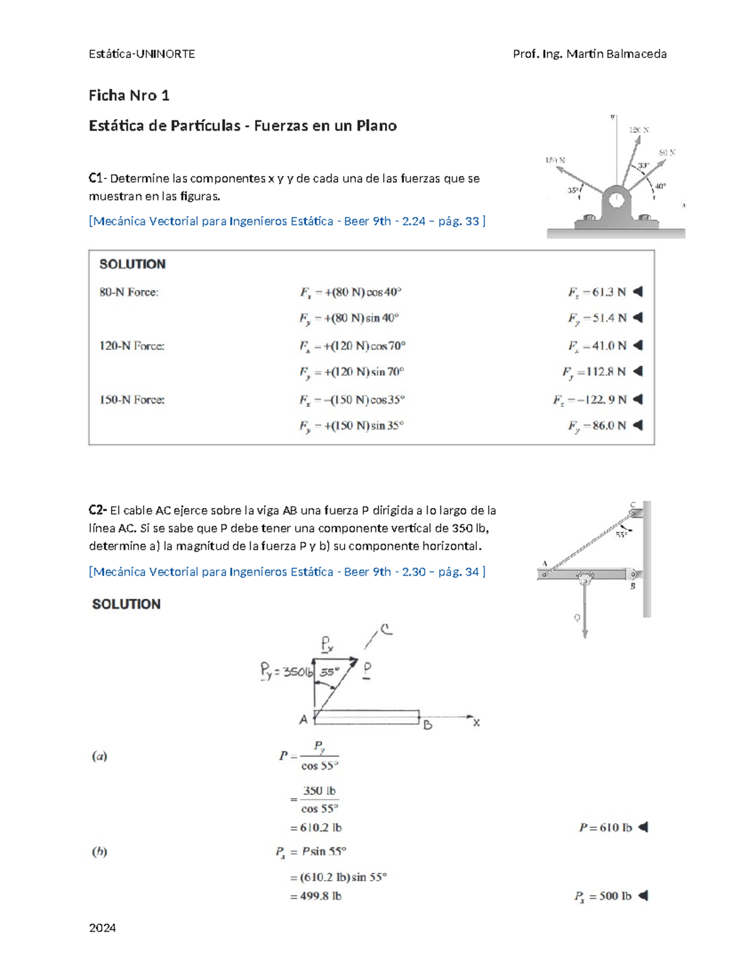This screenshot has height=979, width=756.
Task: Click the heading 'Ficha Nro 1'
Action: [x=129, y=96]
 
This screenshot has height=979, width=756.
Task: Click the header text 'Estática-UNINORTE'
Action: [x=142, y=54]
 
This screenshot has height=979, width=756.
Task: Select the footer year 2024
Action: [x=102, y=927]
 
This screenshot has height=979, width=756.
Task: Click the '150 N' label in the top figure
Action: [x=555, y=160]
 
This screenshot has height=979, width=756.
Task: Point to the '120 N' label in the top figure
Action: [x=639, y=130]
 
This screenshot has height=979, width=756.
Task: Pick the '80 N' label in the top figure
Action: [x=667, y=153]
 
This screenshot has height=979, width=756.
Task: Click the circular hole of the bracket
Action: [x=616, y=200]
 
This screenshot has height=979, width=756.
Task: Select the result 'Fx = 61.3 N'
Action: [x=597, y=293]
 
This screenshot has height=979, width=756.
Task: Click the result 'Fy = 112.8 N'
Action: [x=594, y=372]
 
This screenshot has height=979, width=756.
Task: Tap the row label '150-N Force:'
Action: [x=132, y=400]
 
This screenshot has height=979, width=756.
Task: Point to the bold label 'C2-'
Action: [x=98, y=510]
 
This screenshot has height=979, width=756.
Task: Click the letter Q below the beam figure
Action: [x=576, y=618]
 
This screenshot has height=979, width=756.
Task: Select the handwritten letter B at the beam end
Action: [x=428, y=725]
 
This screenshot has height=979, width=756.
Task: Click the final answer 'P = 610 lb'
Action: [x=605, y=828]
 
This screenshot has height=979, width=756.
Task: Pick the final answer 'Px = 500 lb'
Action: [x=603, y=896]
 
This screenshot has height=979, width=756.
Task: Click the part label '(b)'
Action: [x=100, y=852]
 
